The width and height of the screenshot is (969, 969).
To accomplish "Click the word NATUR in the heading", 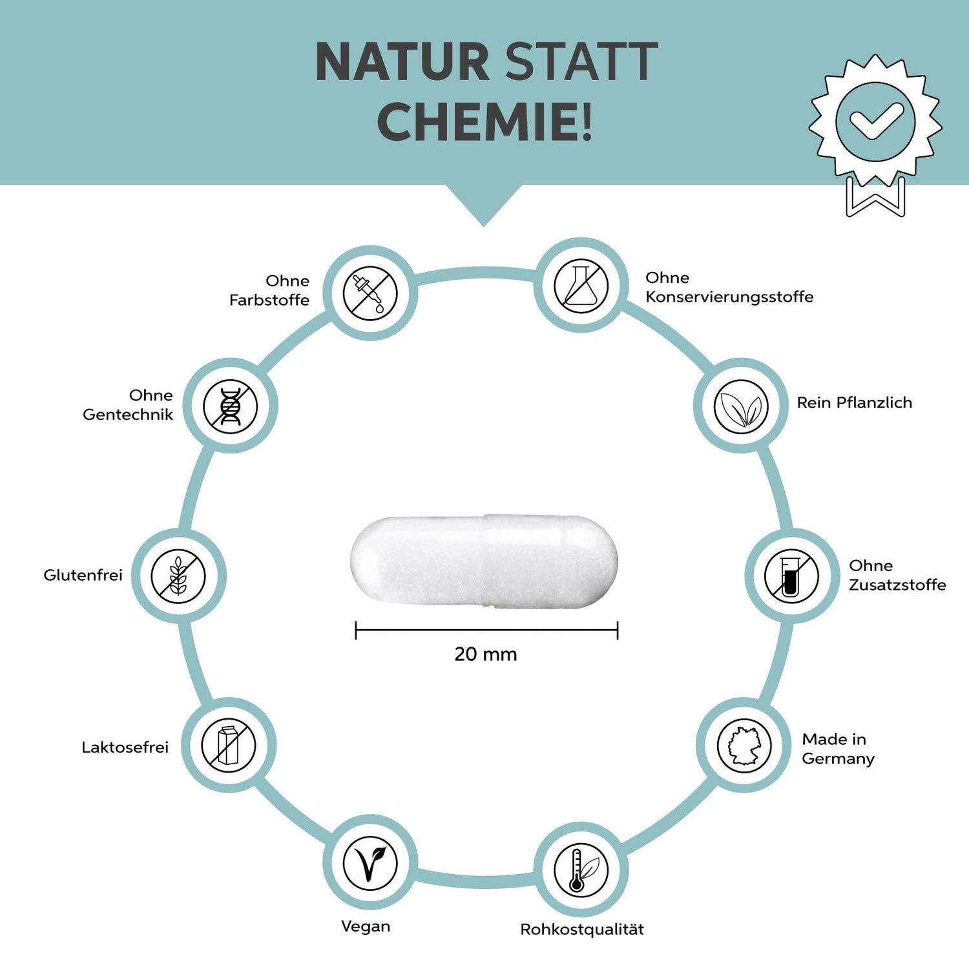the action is (402, 62).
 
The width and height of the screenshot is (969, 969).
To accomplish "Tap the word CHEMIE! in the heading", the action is (484, 121).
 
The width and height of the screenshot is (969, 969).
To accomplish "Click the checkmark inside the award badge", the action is (875, 121).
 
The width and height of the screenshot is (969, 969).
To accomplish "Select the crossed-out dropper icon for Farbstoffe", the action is (370, 293).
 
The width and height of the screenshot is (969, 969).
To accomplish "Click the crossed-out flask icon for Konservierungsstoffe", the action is (581, 286).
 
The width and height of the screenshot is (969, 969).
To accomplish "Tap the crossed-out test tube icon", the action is (791, 576).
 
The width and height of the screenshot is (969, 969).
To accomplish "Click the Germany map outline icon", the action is (744, 745).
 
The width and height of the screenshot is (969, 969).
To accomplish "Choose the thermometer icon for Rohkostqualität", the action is (581, 870).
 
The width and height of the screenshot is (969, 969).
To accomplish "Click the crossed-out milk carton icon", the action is (229, 745).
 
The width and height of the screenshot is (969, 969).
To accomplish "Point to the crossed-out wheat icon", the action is (178, 576).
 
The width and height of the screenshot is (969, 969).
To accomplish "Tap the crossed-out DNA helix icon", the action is (231, 406).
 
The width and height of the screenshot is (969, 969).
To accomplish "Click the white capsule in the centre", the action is (484, 561).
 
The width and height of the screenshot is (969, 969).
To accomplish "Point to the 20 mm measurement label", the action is (486, 654).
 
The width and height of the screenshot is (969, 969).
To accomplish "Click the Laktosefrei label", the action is (125, 747).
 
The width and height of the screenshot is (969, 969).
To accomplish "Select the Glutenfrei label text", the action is (83, 575).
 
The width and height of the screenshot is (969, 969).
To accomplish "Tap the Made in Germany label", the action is (838, 749).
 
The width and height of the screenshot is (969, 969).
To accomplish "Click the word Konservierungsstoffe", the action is (729, 297).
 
